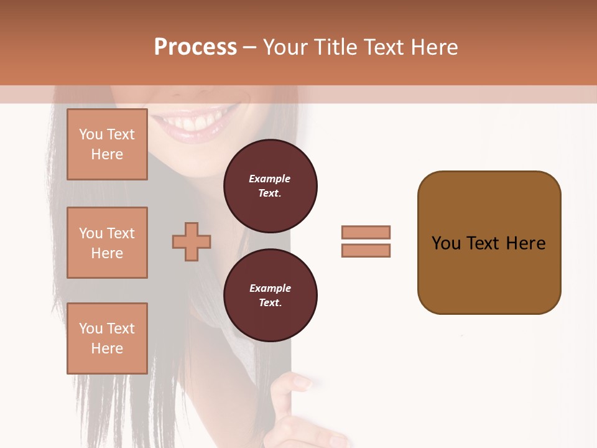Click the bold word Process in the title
195,47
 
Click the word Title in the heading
336,47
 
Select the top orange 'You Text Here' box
107,144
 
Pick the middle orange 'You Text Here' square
107,243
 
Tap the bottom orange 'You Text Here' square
107,338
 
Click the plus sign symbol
192,241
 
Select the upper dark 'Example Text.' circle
270,186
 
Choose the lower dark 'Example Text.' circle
270,296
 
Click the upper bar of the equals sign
366,233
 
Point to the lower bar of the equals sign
366,251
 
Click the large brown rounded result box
489,243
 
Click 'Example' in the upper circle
270,179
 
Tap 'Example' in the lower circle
270,289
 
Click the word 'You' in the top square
91,134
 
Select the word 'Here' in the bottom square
107,348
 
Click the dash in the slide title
250,47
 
